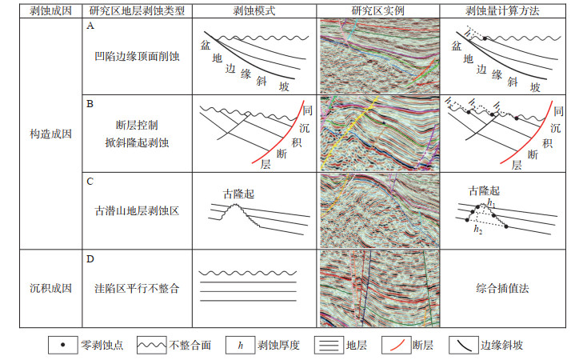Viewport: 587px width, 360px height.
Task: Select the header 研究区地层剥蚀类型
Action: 137,10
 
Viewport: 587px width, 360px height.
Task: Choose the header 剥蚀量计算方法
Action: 502,10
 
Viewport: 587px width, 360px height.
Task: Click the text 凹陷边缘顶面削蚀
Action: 136,58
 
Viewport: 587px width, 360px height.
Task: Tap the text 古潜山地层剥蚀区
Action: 136,212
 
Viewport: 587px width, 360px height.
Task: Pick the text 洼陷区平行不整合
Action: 136,288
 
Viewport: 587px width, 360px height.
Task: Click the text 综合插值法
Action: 502,288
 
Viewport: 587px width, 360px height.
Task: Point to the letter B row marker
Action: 90,104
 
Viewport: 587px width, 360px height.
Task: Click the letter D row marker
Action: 90,258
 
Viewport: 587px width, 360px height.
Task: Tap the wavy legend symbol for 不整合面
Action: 152,346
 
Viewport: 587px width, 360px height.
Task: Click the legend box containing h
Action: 240,346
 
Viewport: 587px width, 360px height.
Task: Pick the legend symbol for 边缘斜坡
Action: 463,346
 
